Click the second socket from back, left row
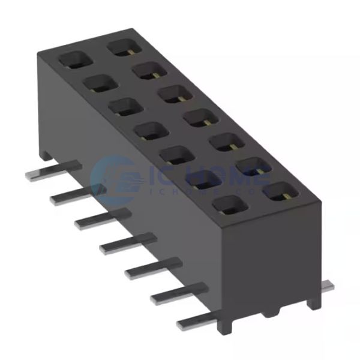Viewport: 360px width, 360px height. (97, 83)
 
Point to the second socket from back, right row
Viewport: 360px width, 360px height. (149, 71)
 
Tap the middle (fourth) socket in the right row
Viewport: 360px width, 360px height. (201, 118)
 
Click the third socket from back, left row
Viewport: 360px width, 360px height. (122, 106)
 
